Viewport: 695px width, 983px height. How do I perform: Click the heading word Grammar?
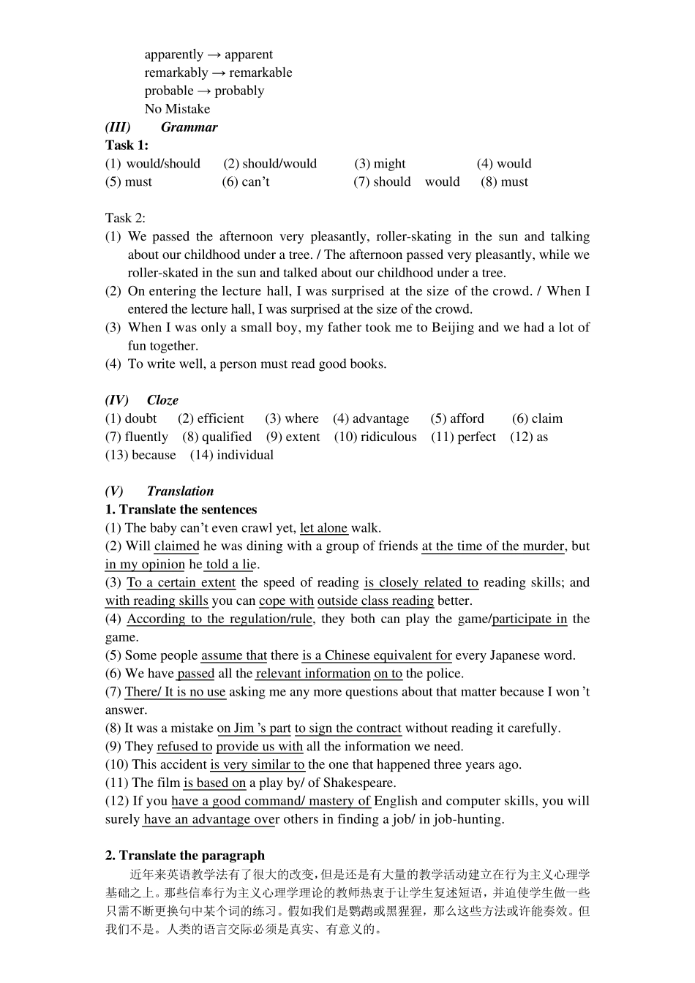(189, 127)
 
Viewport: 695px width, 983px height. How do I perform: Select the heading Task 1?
(127, 146)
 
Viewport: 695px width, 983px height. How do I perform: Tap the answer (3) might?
(380, 164)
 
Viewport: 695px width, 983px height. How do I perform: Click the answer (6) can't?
(246, 182)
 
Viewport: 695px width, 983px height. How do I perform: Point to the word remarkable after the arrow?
(260, 72)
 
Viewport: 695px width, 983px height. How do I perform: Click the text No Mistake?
(177, 109)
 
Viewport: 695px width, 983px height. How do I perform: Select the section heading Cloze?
(162, 400)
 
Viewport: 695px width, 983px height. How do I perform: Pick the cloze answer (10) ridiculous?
(375, 437)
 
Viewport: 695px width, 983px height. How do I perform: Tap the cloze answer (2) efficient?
(211, 418)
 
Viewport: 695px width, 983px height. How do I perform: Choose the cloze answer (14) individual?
(232, 455)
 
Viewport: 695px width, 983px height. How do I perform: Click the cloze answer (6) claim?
(537, 418)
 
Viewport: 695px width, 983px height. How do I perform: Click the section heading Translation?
(180, 491)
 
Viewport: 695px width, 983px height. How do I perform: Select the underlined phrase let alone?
(323, 528)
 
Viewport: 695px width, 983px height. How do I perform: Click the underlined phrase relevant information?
(313, 674)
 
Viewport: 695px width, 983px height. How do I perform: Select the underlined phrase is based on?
(214, 783)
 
